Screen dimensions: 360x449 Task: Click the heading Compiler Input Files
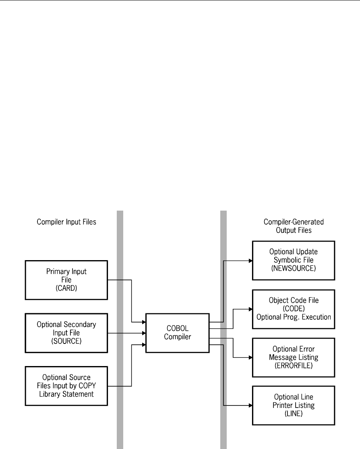pyautogui.click(x=66, y=222)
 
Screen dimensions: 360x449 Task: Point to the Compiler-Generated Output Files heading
pyautogui.click(x=294, y=226)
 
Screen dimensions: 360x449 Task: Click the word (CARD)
pyautogui.click(x=66, y=288)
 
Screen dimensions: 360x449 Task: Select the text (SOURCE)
pyautogui.click(x=66, y=341)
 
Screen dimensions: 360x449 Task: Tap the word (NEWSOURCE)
pyautogui.click(x=294, y=268)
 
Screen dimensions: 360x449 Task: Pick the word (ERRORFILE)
pyautogui.click(x=294, y=366)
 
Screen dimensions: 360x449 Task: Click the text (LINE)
pyautogui.click(x=294, y=414)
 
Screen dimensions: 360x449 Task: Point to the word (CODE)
pyautogui.click(x=294, y=309)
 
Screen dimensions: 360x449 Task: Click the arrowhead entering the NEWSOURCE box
pyautogui.click(x=250, y=261)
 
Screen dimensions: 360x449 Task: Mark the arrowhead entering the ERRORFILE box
pyautogui.click(x=250, y=358)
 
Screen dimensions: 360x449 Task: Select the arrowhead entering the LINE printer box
pyautogui.click(x=250, y=406)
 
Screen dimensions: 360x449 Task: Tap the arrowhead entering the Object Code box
pyautogui.click(x=250, y=309)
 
